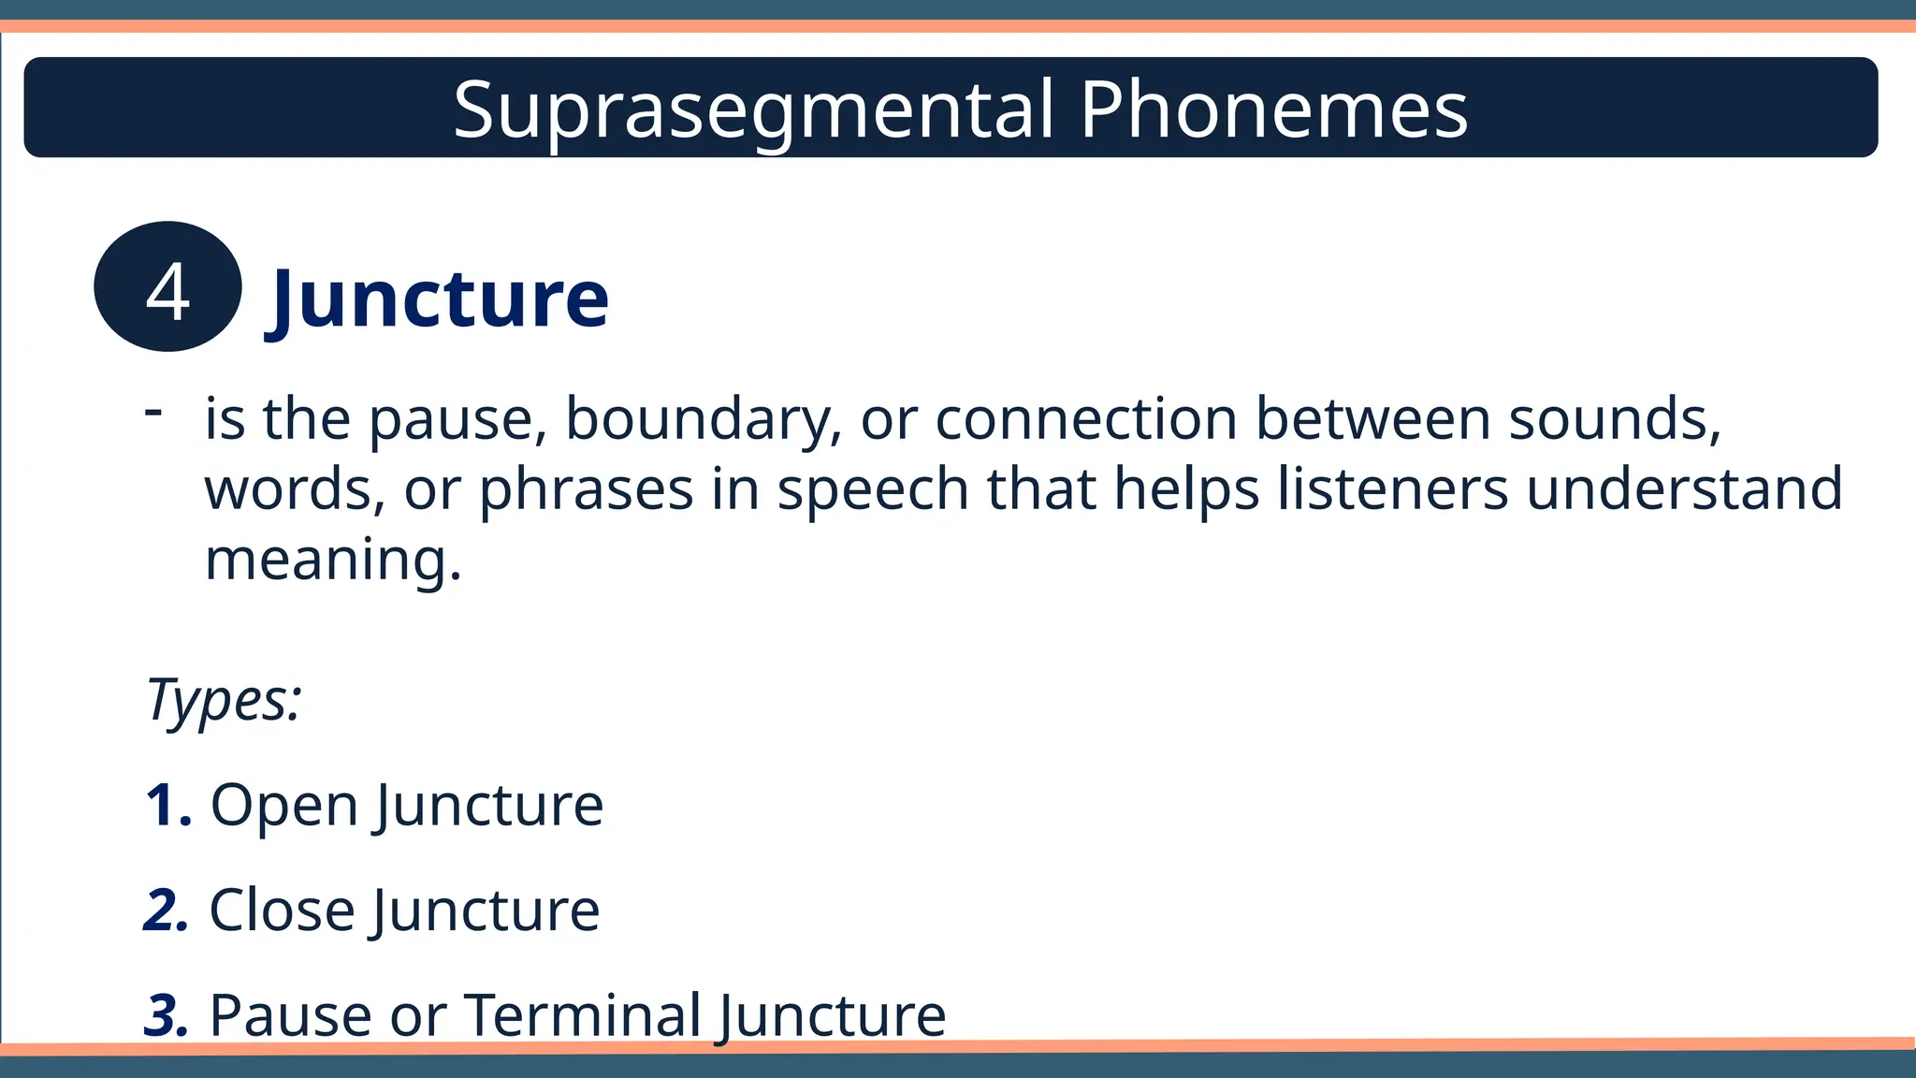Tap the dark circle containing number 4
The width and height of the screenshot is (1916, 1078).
(x=168, y=287)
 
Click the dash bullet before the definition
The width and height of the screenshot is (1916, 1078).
(x=154, y=411)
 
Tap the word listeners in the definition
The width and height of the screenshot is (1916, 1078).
(x=1392, y=489)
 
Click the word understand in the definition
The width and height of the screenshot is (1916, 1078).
(x=1684, y=489)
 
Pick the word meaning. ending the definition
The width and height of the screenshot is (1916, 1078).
(x=333, y=561)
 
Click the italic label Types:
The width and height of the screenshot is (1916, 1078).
(x=225, y=700)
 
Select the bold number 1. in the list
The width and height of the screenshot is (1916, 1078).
(x=169, y=805)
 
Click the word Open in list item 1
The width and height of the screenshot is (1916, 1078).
(x=284, y=807)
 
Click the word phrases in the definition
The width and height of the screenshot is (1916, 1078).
(x=586, y=491)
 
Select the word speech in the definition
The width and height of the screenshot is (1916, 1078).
(x=873, y=491)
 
